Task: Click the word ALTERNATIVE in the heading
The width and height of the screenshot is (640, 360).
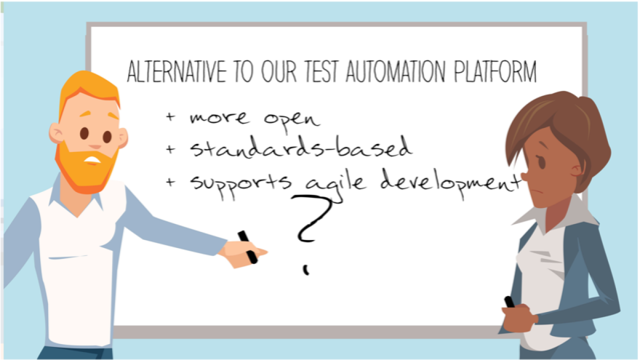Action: (176, 71)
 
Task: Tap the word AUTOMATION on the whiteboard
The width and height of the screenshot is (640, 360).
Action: (395, 71)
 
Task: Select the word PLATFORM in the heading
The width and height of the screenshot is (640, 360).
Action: (495, 71)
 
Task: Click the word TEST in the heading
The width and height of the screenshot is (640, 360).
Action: (321, 71)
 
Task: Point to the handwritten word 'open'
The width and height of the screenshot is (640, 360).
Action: (291, 120)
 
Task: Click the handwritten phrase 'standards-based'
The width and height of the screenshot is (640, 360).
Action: (301, 147)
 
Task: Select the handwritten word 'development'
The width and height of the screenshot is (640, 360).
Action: (450, 183)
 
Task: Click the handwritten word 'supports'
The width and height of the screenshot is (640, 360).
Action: (240, 184)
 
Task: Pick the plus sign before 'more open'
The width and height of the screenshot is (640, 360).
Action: (170, 116)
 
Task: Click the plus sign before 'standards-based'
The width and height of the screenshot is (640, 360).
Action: (170, 149)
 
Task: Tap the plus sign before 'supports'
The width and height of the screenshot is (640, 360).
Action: (170, 181)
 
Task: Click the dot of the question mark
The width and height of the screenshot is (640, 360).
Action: (306, 270)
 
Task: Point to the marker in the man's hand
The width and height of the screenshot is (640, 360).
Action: (247, 247)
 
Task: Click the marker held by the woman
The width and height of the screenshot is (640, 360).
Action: (509, 302)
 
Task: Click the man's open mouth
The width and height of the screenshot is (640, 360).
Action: (92, 160)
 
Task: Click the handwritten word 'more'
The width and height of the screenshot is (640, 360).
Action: (219, 117)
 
